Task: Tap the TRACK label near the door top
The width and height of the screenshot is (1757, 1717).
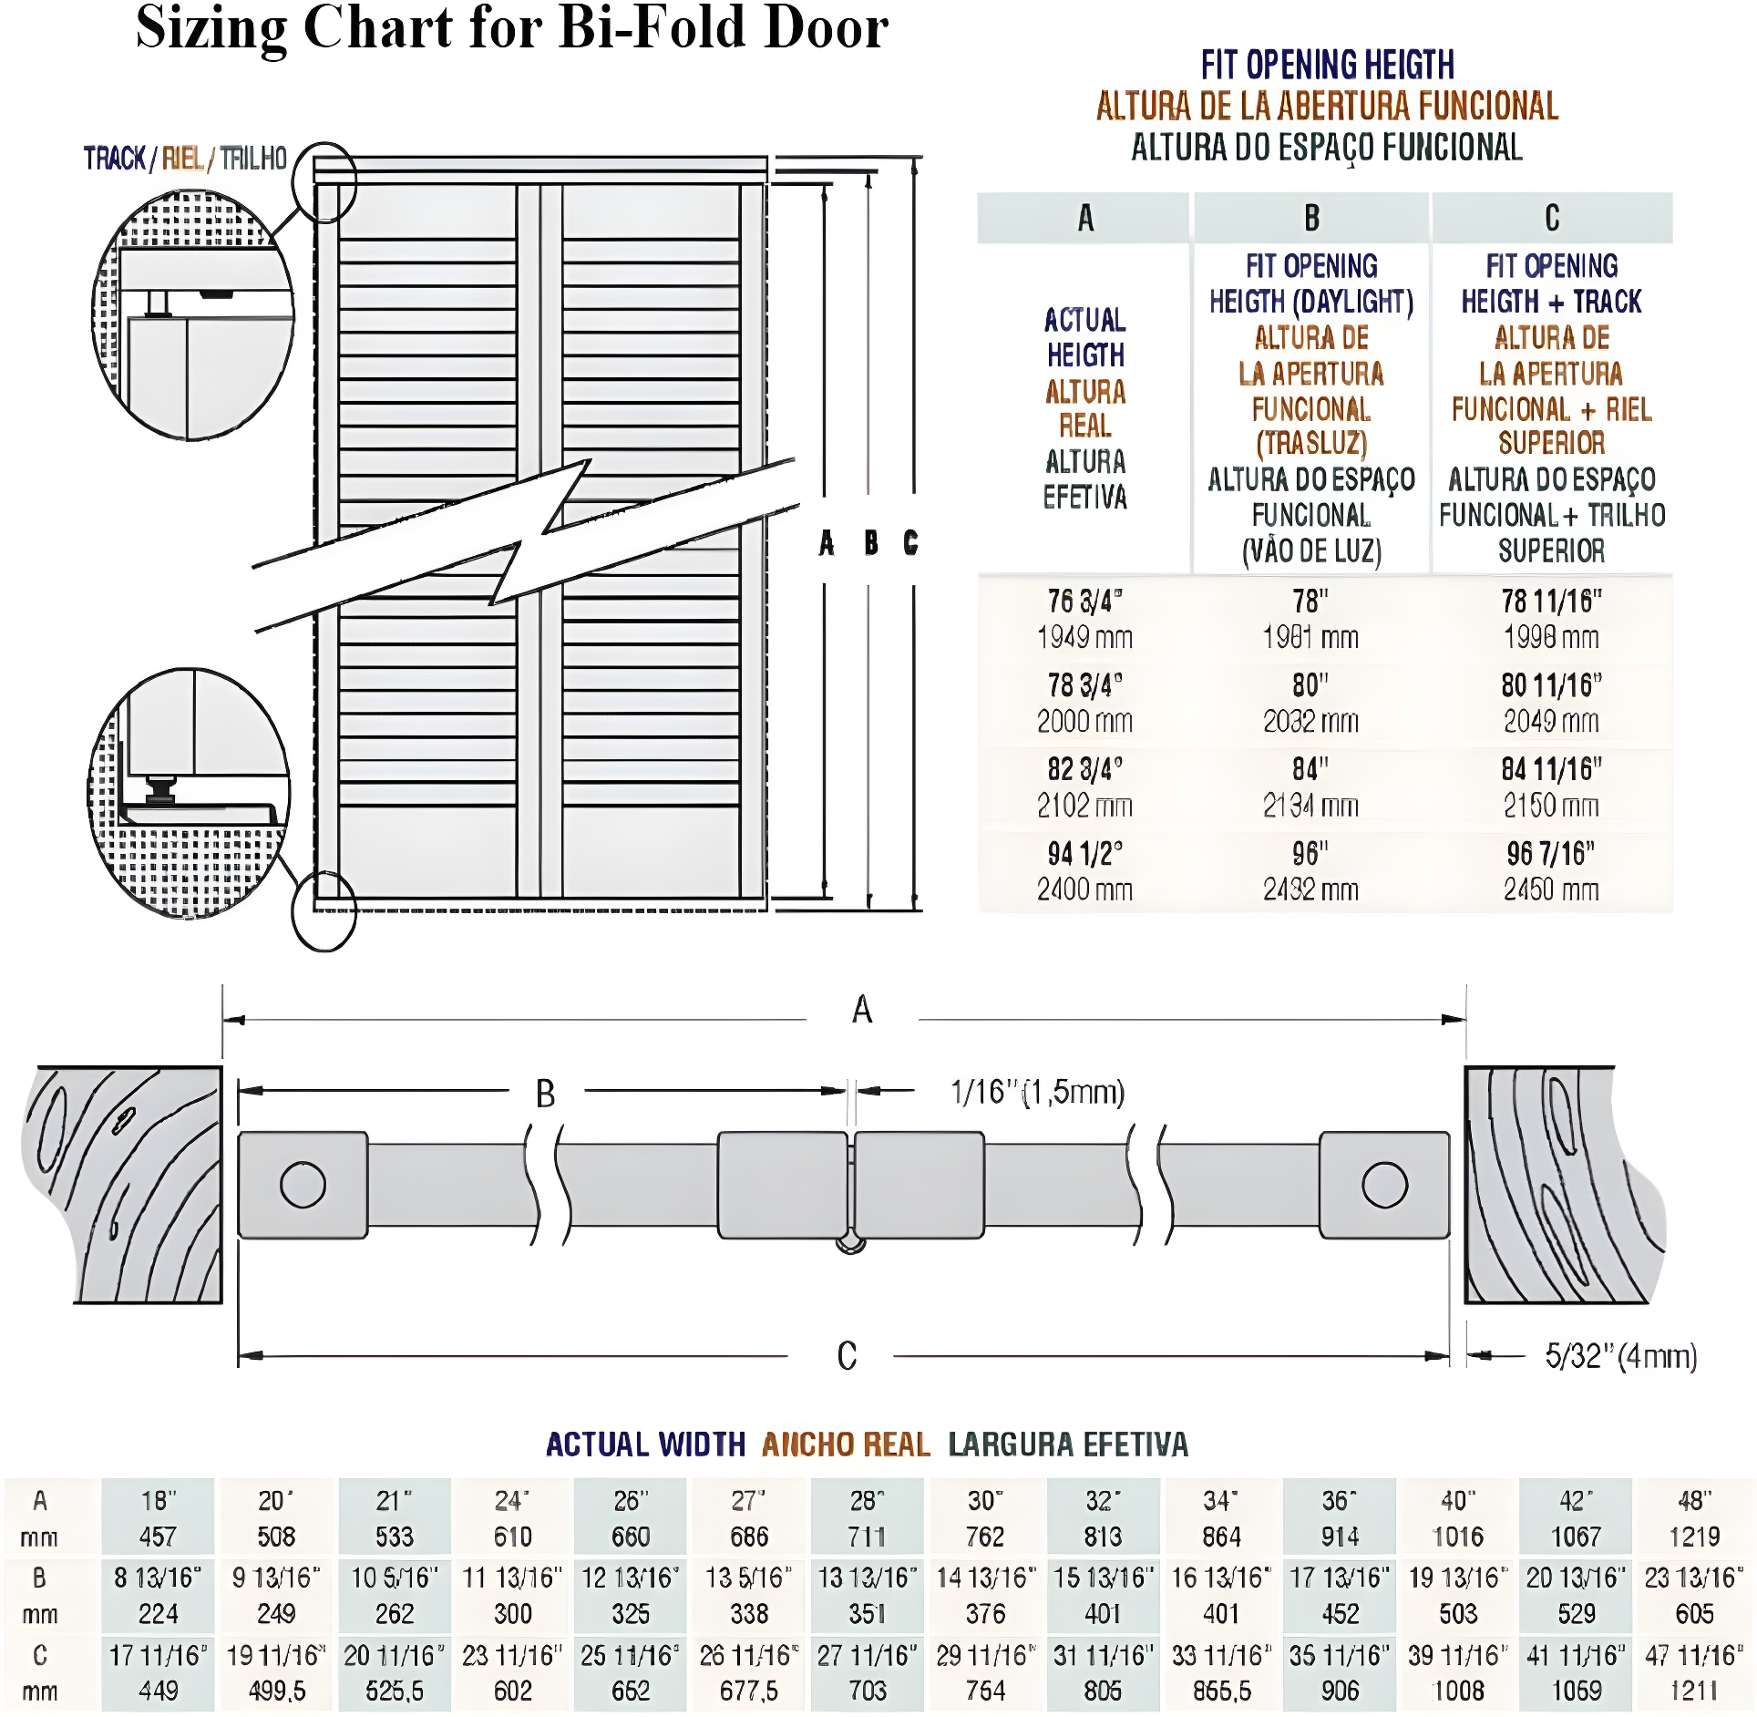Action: pyautogui.click(x=115, y=159)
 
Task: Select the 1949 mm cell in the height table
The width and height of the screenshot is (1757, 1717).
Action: pyautogui.click(x=1084, y=637)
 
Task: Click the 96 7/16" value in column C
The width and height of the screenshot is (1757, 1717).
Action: pyautogui.click(x=1550, y=854)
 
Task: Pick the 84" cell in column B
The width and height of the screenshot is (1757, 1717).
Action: pyautogui.click(x=1310, y=770)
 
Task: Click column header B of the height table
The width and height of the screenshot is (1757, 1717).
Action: pyautogui.click(x=1310, y=219)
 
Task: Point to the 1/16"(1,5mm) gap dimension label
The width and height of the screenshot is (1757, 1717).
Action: pyautogui.click(x=1037, y=1092)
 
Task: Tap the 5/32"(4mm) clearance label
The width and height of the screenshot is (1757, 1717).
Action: pyautogui.click(x=1620, y=1356)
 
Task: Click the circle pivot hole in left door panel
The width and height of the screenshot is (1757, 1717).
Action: pyautogui.click(x=303, y=1185)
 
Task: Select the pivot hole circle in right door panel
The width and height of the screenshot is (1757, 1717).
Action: pyautogui.click(x=1384, y=1185)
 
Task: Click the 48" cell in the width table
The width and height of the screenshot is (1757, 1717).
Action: pyautogui.click(x=1694, y=1501)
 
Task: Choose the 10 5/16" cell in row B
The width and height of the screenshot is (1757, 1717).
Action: pyautogui.click(x=395, y=1578)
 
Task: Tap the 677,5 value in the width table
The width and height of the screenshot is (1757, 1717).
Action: pyautogui.click(x=748, y=1691)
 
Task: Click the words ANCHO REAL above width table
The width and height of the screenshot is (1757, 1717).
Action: pyautogui.click(x=846, y=1445)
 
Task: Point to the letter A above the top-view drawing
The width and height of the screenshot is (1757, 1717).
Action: pyautogui.click(x=862, y=1010)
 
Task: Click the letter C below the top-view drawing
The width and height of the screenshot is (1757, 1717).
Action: pyautogui.click(x=847, y=1356)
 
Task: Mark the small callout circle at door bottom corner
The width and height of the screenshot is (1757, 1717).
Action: pyautogui.click(x=324, y=910)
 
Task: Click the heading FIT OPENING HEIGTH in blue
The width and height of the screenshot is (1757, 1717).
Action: pyautogui.click(x=1327, y=66)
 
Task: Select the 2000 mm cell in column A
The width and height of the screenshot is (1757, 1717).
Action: pyautogui.click(x=1084, y=721)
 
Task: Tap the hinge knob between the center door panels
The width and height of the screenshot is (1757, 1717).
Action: pyautogui.click(x=850, y=1243)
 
